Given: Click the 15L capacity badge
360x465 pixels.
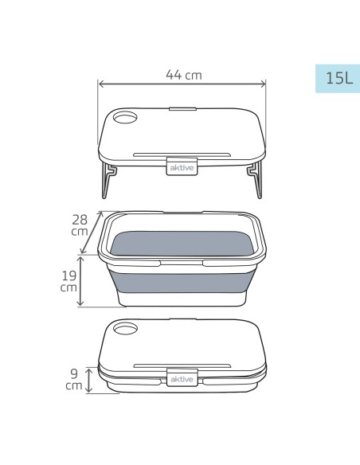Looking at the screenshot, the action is [x=338, y=79].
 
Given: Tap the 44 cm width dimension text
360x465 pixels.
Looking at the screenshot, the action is [x=184, y=75].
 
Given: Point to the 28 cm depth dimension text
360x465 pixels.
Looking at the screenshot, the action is [x=80, y=225].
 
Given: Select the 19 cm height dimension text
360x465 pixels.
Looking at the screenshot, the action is [x=68, y=281].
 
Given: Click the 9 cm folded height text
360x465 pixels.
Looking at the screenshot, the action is [x=74, y=379].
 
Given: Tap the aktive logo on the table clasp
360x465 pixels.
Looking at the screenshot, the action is [x=182, y=168].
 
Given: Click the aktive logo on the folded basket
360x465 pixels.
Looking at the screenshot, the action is [x=182, y=379].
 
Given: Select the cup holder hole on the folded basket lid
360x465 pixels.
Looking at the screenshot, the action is [x=125, y=329].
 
